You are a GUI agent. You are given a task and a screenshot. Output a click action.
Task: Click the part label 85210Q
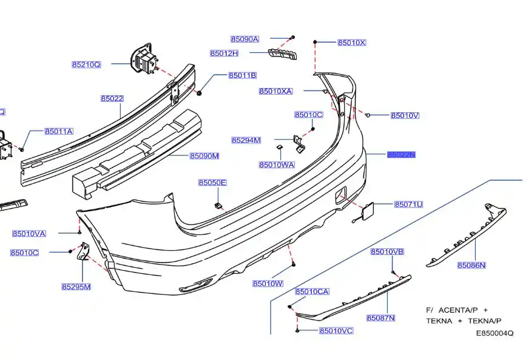(86, 64)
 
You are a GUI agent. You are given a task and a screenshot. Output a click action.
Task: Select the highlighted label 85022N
(402, 155)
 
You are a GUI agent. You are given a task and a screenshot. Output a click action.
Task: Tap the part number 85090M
(204, 156)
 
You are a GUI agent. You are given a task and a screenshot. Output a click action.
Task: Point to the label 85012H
(224, 53)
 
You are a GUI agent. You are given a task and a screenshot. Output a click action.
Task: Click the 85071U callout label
(408, 205)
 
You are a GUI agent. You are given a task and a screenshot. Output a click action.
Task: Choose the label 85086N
(472, 265)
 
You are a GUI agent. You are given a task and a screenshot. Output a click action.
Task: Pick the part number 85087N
(380, 318)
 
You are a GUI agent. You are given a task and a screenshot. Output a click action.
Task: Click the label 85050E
(212, 183)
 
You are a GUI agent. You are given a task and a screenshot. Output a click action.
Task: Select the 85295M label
(76, 287)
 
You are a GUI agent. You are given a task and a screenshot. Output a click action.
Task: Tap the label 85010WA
(276, 165)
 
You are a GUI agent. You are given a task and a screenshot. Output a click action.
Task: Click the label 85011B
(242, 75)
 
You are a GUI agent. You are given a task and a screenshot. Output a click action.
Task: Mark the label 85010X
(352, 42)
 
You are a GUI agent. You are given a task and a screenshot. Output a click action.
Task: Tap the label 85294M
(246, 140)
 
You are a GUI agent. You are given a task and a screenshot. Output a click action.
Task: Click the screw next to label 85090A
(292, 38)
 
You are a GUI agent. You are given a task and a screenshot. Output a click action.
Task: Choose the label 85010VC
(336, 331)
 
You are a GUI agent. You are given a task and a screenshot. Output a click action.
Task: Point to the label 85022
(112, 98)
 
